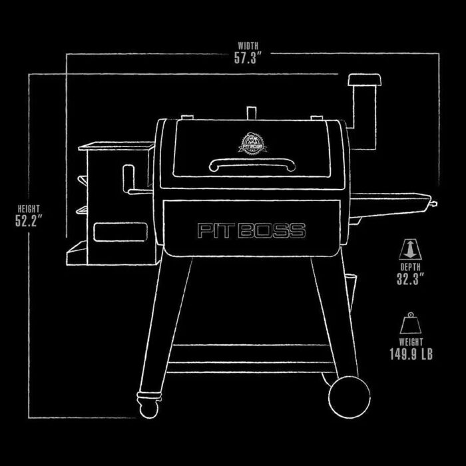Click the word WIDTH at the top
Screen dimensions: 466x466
pyautogui.click(x=248, y=46)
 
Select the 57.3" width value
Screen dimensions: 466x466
pyautogui.click(x=246, y=58)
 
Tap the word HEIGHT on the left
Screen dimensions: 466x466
pyautogui.click(x=29, y=208)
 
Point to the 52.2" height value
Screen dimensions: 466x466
pyautogui.click(x=29, y=220)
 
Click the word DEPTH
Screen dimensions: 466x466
pyautogui.click(x=411, y=267)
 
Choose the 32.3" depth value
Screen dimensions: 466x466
pyautogui.click(x=411, y=279)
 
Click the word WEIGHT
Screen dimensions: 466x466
pyautogui.click(x=411, y=342)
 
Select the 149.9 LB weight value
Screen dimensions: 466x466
pyautogui.click(x=411, y=354)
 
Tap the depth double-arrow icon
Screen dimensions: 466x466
pyautogui.click(x=410, y=250)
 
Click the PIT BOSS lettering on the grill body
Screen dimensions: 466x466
pyautogui.click(x=252, y=230)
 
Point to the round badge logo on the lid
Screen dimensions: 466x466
pyautogui.click(x=252, y=144)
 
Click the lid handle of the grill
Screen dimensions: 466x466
pyautogui.click(x=252, y=164)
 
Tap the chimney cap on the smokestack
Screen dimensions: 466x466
pyautogui.click(x=365, y=80)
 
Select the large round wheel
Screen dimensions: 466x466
pyautogui.click(x=349, y=397)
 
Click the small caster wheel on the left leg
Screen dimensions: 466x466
pyautogui.click(x=149, y=408)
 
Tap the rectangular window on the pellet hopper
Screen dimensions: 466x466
pyautogui.click(x=120, y=232)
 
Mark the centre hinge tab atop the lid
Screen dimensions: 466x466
pyautogui.click(x=252, y=113)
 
